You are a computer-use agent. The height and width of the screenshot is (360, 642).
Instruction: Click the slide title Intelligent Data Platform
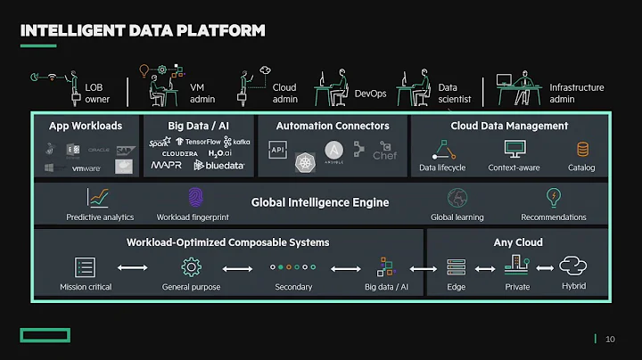pos(142,31)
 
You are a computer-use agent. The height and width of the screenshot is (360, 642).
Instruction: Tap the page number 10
pos(610,339)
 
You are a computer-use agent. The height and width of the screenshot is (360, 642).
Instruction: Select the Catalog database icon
pos(582,149)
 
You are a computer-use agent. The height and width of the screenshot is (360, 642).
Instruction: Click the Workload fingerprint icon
pos(194,197)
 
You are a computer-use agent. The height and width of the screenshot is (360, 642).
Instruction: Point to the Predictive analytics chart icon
pos(99,197)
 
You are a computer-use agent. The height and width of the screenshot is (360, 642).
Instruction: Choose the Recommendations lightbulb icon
pos(553,197)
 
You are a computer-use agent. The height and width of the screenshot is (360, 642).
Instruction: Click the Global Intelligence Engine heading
pos(320,202)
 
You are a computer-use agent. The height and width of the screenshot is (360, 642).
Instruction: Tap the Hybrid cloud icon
pos(573,266)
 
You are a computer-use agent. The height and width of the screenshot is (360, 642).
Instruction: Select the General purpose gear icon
pos(191,266)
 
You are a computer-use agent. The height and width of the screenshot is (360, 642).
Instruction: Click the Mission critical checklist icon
pos(85,266)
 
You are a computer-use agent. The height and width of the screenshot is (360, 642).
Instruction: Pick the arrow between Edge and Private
pos(485,267)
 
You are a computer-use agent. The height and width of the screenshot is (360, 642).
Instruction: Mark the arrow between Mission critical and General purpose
pos(133,267)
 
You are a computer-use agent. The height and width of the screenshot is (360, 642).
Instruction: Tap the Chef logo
pos(384,151)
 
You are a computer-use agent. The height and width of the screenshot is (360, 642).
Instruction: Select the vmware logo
pos(86,168)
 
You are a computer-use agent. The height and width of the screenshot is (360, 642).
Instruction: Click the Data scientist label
pos(448,94)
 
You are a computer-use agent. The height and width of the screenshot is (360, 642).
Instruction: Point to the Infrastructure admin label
pos(576,94)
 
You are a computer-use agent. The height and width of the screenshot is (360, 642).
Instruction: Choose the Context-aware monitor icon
pos(514,149)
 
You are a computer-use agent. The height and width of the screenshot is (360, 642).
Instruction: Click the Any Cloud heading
pos(517,241)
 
